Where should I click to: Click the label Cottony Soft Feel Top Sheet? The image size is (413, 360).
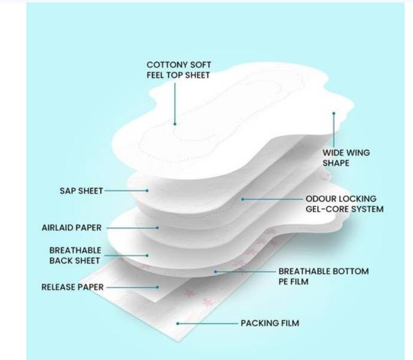[178, 70]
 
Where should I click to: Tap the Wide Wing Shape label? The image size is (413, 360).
[346, 157]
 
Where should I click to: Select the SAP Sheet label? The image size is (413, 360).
[81, 191]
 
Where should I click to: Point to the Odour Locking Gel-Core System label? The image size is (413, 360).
[344, 204]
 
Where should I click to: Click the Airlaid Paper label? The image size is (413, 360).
[71, 228]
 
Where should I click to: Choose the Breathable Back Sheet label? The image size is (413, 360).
[75, 255]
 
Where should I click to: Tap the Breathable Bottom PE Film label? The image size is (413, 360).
[323, 276]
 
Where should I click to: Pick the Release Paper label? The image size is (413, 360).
[72, 287]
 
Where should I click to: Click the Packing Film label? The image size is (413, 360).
[269, 324]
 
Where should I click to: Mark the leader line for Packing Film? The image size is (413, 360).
[207, 324]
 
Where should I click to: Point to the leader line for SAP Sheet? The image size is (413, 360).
[126, 191]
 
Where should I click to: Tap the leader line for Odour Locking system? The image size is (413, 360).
[272, 199]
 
